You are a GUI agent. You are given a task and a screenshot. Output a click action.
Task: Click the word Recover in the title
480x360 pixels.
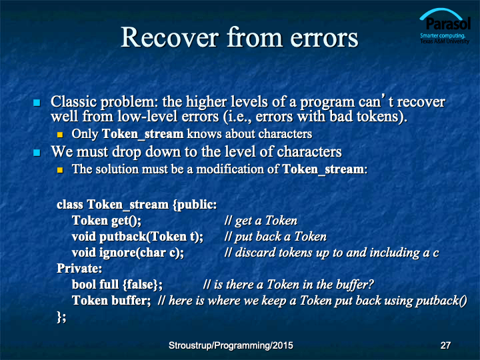click(x=170, y=37)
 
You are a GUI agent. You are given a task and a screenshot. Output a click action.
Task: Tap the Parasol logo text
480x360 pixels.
click(x=448, y=24)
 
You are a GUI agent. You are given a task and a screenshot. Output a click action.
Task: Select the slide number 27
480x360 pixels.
click(x=445, y=345)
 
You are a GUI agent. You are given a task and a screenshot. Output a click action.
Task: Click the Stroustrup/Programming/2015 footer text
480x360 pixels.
click(x=231, y=345)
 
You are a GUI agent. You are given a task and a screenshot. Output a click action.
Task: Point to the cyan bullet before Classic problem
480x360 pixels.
click(x=37, y=103)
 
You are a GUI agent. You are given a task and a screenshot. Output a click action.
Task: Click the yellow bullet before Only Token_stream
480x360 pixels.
click(x=60, y=135)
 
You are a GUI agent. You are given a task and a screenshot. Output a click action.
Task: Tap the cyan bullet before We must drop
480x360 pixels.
click(x=37, y=153)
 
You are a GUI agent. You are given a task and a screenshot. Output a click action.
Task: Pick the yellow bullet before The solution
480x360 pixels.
click(x=60, y=169)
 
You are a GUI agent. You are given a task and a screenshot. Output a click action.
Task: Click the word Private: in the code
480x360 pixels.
click(x=79, y=269)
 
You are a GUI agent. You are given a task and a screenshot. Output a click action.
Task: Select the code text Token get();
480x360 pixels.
click(x=107, y=221)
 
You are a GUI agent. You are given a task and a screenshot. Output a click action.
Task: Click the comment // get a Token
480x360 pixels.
click(x=261, y=221)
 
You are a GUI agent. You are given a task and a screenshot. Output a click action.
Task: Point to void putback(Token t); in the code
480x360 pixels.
click(x=137, y=237)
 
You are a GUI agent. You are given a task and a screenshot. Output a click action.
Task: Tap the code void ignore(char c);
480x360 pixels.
click(x=128, y=253)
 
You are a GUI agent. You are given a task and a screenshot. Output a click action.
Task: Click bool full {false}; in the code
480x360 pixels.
click(x=117, y=285)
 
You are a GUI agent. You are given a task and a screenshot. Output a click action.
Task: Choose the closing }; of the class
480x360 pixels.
click(x=61, y=317)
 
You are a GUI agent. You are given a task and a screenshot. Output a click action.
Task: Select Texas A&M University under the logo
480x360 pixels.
click(x=445, y=41)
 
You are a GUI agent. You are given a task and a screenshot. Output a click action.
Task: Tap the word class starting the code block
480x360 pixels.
click(x=70, y=205)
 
